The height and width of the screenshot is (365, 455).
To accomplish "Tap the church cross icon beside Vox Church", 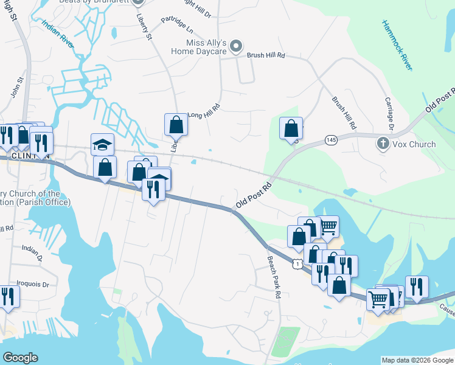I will (383, 144).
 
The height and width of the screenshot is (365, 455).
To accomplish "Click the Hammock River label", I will (397, 46).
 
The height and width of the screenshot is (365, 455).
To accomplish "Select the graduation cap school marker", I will (102, 144).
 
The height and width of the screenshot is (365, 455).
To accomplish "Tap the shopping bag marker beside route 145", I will (291, 128).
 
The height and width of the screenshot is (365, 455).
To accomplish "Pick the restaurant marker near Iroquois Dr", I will (9, 296).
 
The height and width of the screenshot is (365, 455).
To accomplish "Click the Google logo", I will (21, 358).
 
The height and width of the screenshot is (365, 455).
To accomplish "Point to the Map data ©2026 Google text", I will (417, 360).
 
